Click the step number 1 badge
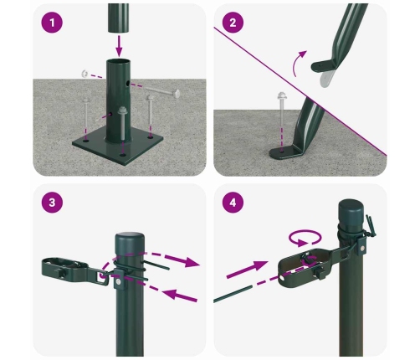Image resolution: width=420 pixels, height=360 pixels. tap(53, 25)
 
